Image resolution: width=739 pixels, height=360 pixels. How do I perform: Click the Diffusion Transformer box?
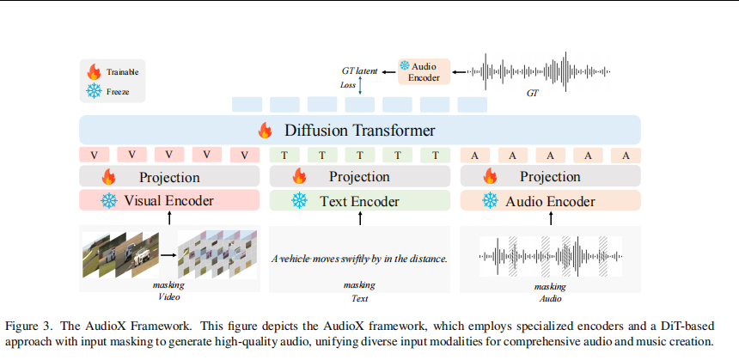(360, 131)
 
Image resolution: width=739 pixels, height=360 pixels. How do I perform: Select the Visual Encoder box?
(168, 201)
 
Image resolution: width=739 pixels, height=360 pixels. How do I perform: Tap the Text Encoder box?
(359, 201)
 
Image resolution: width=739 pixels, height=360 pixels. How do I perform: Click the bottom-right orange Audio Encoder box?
(550, 201)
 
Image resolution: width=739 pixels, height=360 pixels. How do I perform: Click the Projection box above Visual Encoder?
(168, 177)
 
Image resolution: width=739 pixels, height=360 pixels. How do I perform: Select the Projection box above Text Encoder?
(359, 177)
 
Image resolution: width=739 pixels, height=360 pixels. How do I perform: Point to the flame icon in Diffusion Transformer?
(265, 131)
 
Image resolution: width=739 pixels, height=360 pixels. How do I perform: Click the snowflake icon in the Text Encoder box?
(299, 201)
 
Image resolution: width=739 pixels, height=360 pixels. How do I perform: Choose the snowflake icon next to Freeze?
(94, 89)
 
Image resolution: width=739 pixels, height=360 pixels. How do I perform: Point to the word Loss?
(347, 85)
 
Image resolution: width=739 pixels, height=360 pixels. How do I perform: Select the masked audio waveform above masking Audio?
(549, 255)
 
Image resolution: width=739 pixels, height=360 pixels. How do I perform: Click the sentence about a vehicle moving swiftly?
(359, 258)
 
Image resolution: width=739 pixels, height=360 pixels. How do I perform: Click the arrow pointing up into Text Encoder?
(360, 218)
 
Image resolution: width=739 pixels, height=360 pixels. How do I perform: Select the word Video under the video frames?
(168, 298)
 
